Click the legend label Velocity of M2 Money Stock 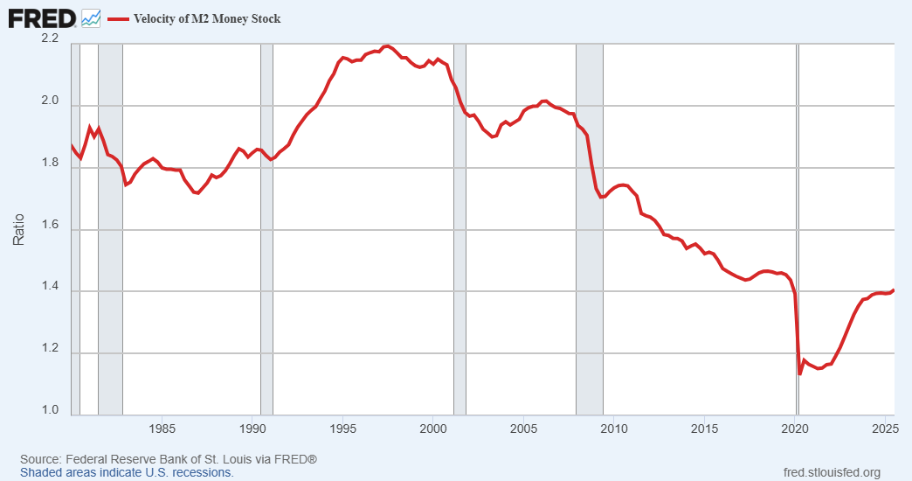(207, 18)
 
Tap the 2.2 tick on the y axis (50, 39)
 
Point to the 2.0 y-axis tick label (50, 101)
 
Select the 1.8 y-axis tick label (50, 164)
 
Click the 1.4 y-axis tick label (50, 287)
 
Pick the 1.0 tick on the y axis (50, 410)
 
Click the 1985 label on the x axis (162, 429)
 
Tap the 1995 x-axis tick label (343, 429)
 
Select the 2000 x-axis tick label (434, 429)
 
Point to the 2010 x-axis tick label (615, 429)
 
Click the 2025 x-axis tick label (883, 429)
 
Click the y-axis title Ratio (18, 228)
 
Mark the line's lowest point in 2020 (800, 374)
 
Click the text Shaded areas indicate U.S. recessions (127, 472)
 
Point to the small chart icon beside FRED (91, 17)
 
